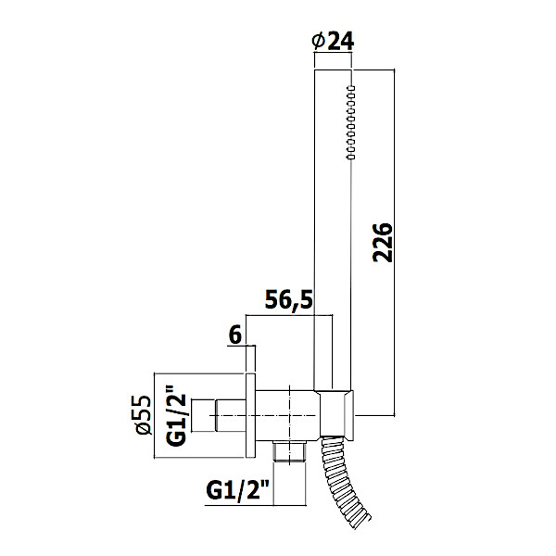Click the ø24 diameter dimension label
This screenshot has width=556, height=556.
333,42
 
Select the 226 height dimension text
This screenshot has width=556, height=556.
383,243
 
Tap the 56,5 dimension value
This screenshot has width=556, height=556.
289,299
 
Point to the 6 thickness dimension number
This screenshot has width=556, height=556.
235,335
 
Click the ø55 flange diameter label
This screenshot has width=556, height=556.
143,415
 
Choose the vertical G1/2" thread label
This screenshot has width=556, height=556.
176,414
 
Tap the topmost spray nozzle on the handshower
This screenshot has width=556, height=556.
351,88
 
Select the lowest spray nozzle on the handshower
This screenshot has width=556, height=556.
351,157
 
